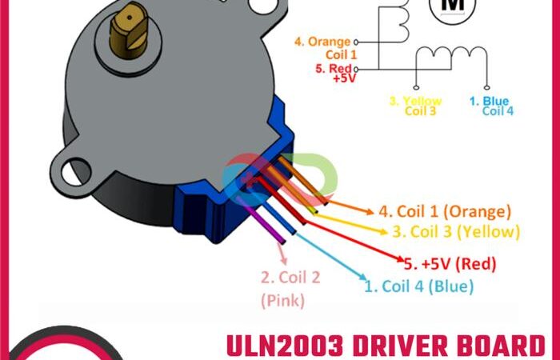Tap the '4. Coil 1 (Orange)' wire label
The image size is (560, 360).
click(444, 212)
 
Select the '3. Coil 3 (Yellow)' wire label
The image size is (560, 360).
click(455, 232)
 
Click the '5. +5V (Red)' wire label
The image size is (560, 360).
click(450, 263)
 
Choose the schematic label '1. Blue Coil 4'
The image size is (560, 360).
click(490, 106)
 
